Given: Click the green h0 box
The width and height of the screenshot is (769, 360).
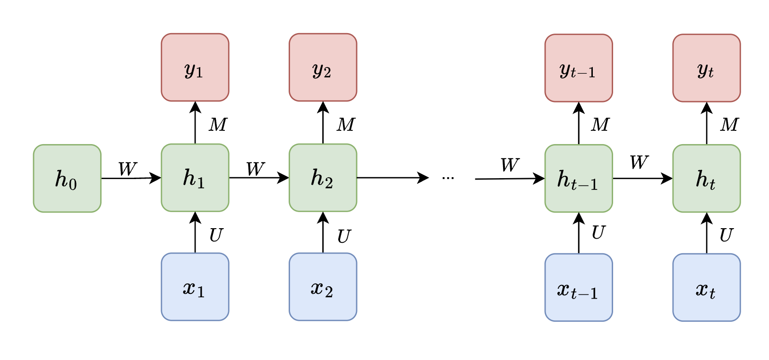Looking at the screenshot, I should click(x=67, y=179).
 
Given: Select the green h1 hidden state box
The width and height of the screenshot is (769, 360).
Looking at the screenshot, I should click(x=195, y=178).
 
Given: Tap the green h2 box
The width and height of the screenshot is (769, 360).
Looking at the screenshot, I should click(x=323, y=178).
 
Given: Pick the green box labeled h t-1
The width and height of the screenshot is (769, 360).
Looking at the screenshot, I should click(x=579, y=179).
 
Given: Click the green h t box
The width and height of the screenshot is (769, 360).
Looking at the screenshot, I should click(x=706, y=179).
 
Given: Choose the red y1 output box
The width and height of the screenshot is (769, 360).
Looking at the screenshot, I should click(x=195, y=67).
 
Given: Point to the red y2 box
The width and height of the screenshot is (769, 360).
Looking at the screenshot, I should click(x=323, y=67).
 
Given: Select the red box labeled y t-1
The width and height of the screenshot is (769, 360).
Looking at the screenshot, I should click(x=579, y=68).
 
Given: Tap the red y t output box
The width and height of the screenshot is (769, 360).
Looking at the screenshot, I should click(x=706, y=68).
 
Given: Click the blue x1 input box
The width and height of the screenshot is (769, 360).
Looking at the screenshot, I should click(x=195, y=287).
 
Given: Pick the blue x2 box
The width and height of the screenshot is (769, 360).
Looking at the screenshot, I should click(x=323, y=287).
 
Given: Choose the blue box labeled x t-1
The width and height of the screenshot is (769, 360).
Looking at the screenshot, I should click(x=579, y=288).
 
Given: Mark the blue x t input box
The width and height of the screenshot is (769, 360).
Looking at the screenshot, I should click(x=706, y=288).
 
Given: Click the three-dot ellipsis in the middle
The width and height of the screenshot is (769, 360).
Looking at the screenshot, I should click(x=448, y=178).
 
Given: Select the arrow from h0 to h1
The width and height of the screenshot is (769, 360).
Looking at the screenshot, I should click(x=131, y=178).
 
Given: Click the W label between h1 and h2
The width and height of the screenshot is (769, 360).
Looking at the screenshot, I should click(x=255, y=169).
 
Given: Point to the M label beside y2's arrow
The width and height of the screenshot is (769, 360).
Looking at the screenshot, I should click(x=346, y=125).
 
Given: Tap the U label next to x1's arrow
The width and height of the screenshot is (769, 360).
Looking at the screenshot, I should click(x=216, y=235).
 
